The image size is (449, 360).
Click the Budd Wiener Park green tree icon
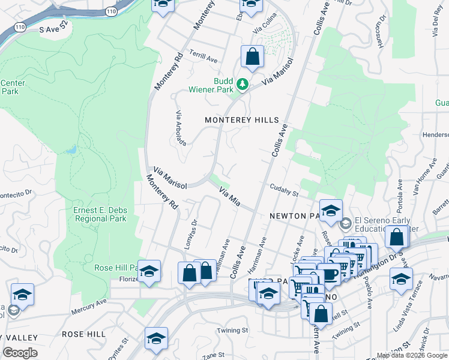click(x=243, y=85)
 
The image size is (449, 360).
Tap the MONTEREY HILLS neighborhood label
click(x=242, y=120)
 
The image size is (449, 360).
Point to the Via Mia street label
click(x=230, y=197)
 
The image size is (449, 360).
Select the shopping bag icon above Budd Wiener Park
click(x=253, y=58)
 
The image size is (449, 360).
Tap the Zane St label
click(x=209, y=356)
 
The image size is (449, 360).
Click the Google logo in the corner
click(x=20, y=353)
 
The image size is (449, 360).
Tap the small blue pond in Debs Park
click(x=71, y=149)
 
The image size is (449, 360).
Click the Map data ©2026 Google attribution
click(x=412, y=355)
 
